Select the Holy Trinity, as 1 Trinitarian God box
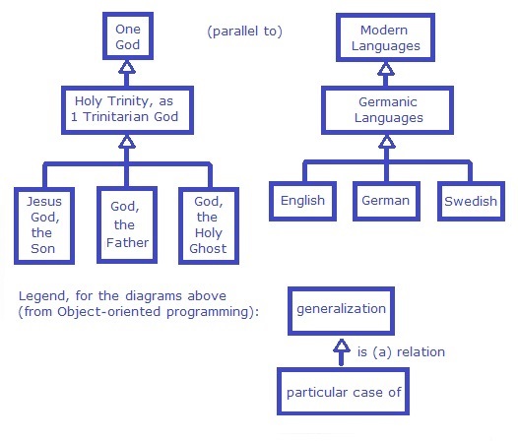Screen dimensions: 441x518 pos(126,109)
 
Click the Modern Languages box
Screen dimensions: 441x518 pos(390,36)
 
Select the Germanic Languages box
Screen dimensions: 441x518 pos(389,108)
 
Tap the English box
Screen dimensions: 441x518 pos(302,201)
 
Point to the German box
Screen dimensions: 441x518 pos(385,201)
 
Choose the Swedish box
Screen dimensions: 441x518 pos(470,201)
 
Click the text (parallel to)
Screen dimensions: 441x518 pos(245,31)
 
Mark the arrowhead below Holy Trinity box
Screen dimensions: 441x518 pos(126,141)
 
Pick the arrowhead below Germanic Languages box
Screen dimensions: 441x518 pos(387,141)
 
